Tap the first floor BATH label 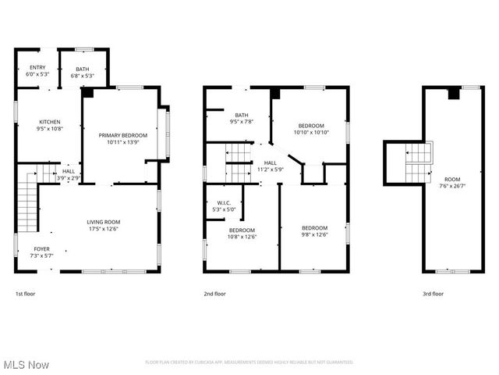83,73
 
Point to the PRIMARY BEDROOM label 122,139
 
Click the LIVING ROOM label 103,225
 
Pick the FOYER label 41,252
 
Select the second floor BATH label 242,119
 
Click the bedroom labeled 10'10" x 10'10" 312,129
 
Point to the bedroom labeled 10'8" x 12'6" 242,233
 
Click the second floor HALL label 269,166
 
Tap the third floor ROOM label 453,182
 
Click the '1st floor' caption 25,294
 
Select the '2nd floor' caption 214,294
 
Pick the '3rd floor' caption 433,294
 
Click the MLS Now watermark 26,365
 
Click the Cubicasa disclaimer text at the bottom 249,362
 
